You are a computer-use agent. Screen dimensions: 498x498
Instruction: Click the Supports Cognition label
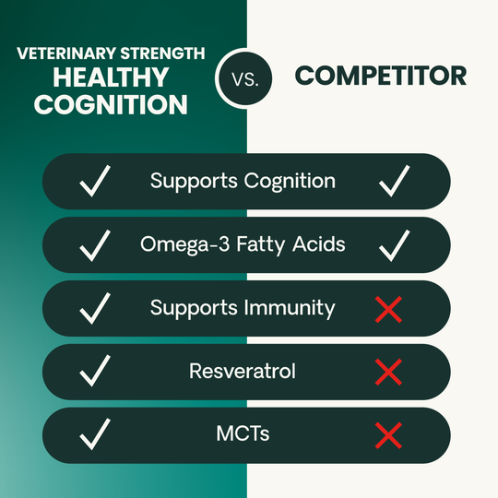(243, 181)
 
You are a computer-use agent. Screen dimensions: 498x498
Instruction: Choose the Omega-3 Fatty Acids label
(243, 244)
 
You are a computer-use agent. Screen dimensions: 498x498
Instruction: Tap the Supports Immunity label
(243, 308)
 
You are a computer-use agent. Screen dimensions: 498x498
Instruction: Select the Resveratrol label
(243, 372)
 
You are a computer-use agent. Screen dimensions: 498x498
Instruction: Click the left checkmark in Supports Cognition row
(96, 182)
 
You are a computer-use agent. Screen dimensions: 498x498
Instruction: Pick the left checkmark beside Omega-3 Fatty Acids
(96, 245)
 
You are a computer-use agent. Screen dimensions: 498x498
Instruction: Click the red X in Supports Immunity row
(389, 309)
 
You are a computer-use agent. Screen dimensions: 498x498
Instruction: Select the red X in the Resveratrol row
(389, 373)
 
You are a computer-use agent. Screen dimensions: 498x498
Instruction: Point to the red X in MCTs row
(389, 435)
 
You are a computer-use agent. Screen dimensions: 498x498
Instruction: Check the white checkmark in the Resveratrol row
(96, 373)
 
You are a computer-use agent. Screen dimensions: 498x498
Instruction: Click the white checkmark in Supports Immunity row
(96, 309)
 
